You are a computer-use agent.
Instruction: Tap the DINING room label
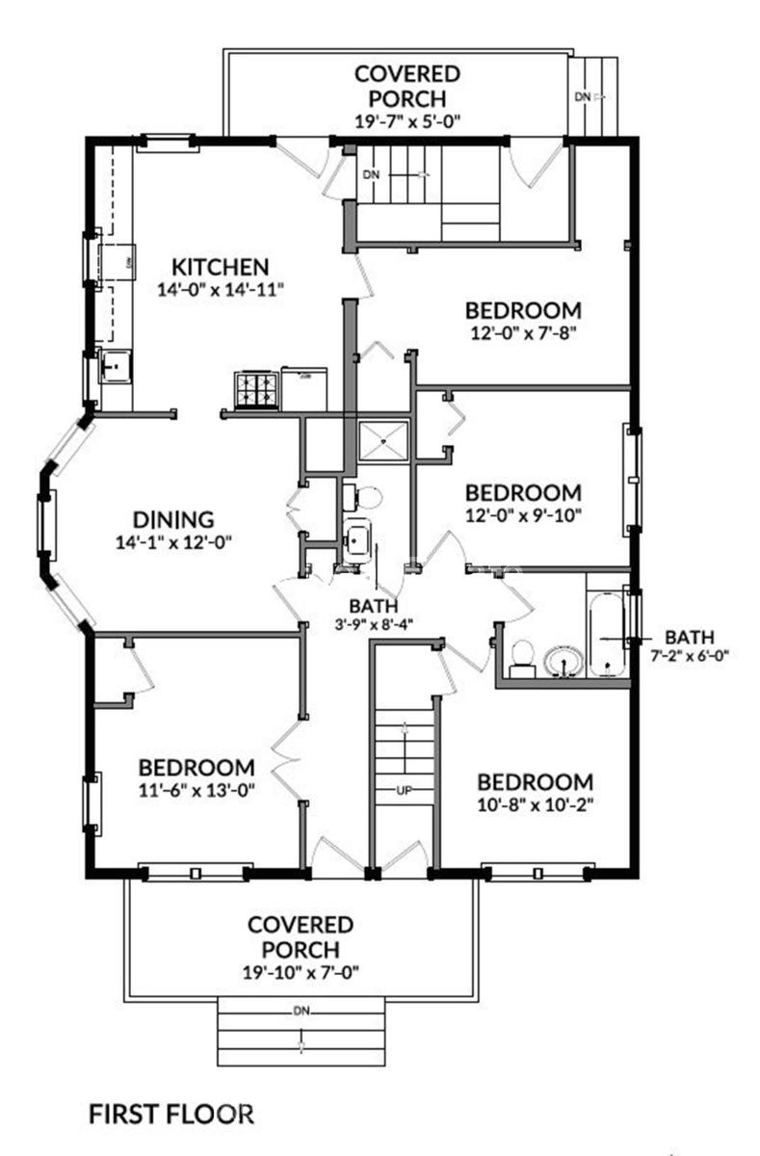[x=173, y=519]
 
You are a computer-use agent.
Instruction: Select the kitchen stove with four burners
[x=256, y=390]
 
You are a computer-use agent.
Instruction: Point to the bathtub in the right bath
[x=605, y=626]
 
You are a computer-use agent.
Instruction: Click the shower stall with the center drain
[x=384, y=442]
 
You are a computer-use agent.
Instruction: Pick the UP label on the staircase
[x=405, y=791]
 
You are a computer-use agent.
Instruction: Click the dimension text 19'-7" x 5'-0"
[x=408, y=121]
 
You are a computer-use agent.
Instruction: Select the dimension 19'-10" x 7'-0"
[x=301, y=972]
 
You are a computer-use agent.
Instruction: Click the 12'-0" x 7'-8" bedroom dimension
[x=523, y=333]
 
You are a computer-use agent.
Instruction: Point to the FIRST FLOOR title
[x=171, y=1115]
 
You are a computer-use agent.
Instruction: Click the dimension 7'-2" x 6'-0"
[x=689, y=656]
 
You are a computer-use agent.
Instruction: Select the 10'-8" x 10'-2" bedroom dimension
[x=535, y=803]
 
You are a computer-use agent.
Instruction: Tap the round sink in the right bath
[x=563, y=662]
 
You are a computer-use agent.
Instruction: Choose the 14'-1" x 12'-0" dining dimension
[x=173, y=541]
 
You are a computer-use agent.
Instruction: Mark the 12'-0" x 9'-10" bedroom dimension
[x=523, y=513]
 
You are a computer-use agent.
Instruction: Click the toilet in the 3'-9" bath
[x=365, y=497]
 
